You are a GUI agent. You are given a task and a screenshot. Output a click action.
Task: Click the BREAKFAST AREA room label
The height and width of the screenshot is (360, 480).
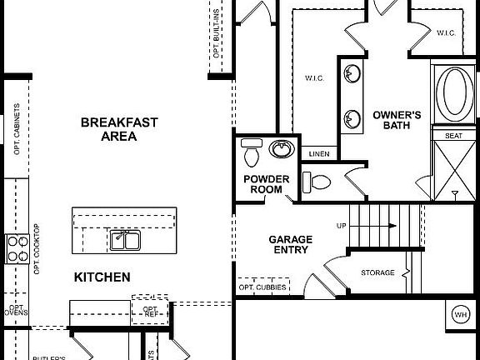coord(119,129)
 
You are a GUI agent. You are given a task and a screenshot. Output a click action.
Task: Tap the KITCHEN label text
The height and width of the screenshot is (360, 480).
coord(102,277)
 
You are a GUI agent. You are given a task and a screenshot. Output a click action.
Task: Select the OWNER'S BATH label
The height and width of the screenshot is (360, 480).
coord(397,120)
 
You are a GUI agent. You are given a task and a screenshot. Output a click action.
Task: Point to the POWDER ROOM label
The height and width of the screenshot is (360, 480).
coord(267,184)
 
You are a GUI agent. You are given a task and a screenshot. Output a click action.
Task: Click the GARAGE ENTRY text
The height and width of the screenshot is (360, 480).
coord(289,244)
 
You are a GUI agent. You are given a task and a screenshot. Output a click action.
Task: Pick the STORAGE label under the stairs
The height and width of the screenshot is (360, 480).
coord(377,273)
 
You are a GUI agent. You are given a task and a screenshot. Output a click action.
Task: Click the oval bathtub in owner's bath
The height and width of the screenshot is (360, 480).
coord(455,93)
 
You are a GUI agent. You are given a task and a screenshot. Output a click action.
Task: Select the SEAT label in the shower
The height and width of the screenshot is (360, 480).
coord(453,135)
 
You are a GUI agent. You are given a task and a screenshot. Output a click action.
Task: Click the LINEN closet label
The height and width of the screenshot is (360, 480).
coord(318,154)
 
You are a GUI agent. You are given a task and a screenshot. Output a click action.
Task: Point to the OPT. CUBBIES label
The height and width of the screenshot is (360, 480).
coord(262,288)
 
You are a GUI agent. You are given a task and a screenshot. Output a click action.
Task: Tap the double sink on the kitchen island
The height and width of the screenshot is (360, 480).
coord(125,241)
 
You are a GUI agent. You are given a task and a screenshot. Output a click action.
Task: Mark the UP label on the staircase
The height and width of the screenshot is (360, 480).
coord(342,226)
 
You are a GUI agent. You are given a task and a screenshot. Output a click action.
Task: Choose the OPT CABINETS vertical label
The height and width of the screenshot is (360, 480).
coord(17,129)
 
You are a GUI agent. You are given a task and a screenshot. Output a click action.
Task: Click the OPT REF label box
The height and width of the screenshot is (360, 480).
coord(150,309)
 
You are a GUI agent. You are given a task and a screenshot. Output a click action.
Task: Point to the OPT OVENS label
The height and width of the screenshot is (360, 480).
coord(15,312)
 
